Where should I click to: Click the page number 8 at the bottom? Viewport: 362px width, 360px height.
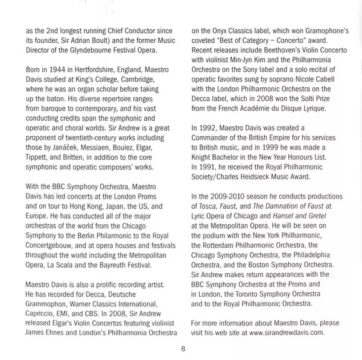(181, 348)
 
